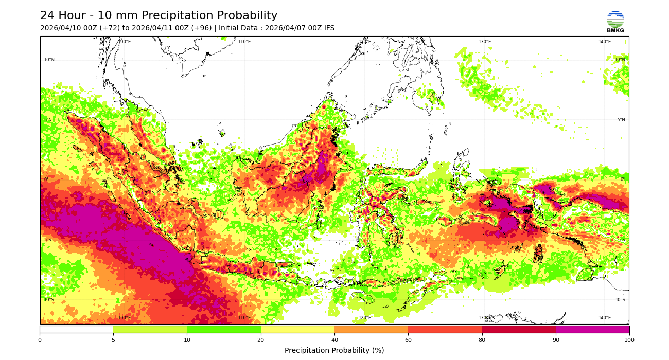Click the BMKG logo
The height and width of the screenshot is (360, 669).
[615, 21]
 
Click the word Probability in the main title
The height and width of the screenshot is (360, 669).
[245, 16]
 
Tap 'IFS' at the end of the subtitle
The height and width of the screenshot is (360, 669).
[328, 28]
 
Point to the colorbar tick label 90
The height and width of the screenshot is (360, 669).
[556, 340]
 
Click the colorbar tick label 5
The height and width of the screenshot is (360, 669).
[113, 340]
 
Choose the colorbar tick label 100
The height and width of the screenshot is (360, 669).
[629, 340]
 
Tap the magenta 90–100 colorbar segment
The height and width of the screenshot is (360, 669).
[592, 329]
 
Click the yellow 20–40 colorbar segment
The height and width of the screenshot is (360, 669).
[297, 329]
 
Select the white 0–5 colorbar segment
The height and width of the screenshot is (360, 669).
[76, 329]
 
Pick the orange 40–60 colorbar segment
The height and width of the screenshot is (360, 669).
[371, 329]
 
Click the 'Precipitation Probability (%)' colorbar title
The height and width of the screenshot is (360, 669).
[334, 351]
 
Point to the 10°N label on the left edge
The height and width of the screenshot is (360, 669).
[49, 60]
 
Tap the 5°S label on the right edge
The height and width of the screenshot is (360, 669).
[621, 240]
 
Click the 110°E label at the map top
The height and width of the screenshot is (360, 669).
[244, 42]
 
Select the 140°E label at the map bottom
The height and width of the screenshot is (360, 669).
[604, 318]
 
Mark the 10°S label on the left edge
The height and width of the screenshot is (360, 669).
[49, 300]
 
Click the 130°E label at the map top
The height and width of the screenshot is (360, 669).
[485, 42]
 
